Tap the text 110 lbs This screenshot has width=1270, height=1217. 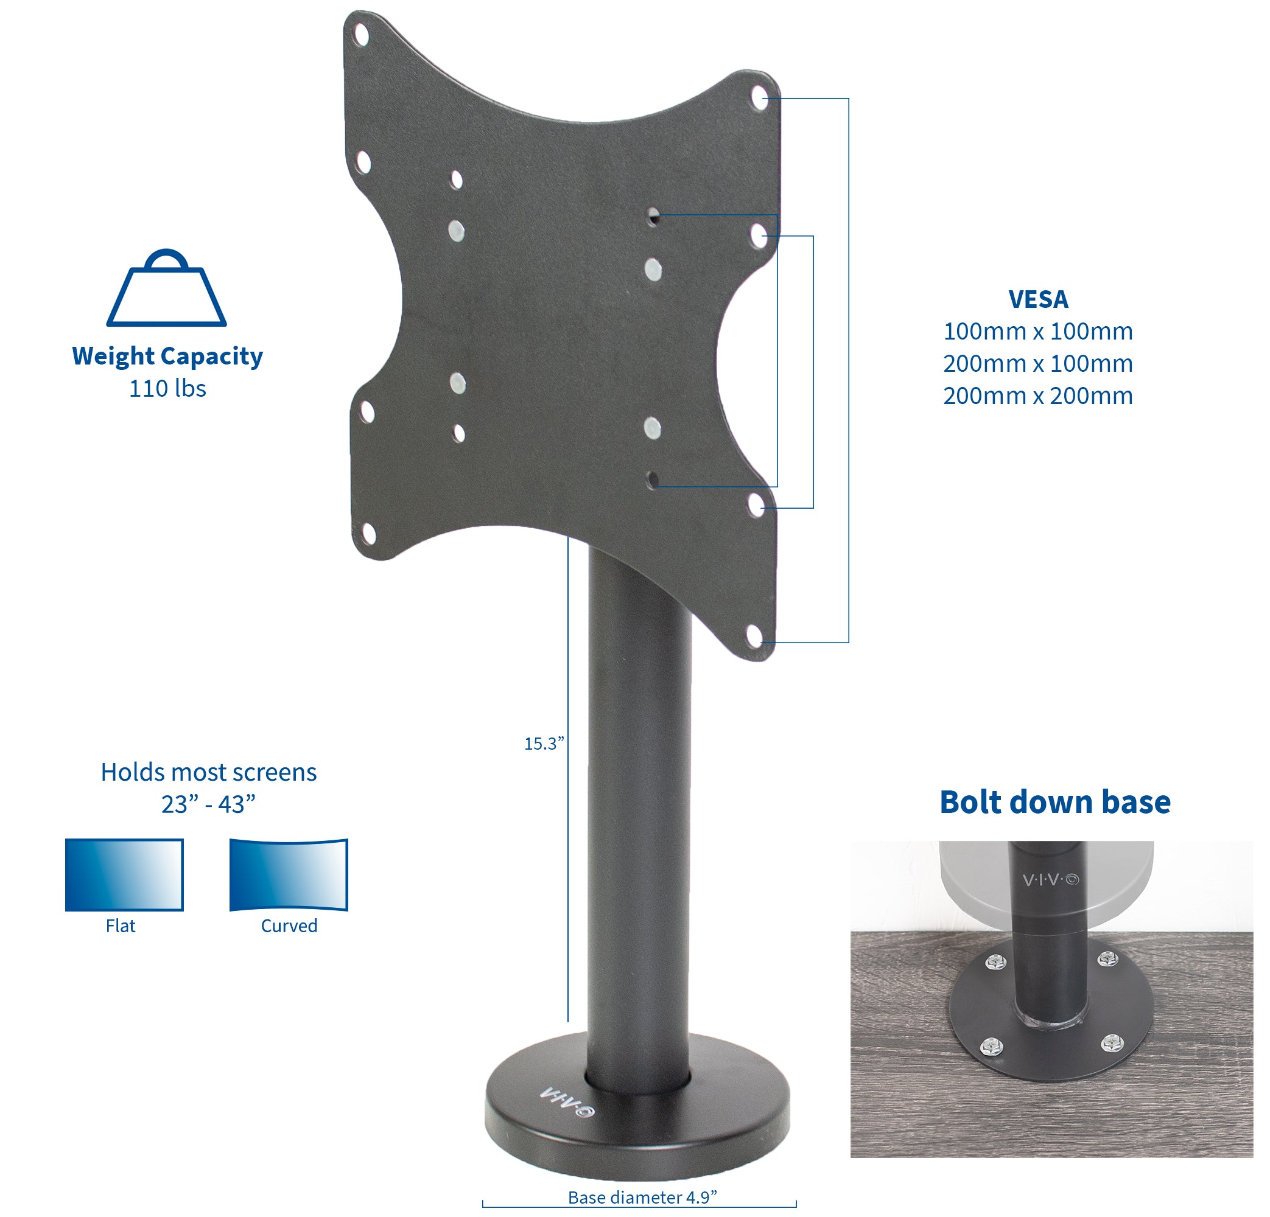coord(167,389)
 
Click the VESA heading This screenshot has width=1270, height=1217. coord(1038,299)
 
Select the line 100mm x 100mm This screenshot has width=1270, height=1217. coord(1037,332)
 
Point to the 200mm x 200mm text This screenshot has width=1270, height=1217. coord(1037,396)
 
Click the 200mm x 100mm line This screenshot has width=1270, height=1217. coord(1037,364)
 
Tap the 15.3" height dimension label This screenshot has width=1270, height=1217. coord(544,744)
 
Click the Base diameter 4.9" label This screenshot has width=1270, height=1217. coord(642,1198)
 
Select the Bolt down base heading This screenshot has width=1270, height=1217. coord(1055,802)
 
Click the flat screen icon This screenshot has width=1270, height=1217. coord(124,874)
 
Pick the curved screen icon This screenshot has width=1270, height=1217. coord(289,874)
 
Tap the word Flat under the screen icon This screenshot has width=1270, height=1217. coord(121,926)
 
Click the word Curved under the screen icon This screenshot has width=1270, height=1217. coord(289,926)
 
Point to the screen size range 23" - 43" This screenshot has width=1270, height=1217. coord(208,804)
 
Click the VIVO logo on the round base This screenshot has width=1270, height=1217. coord(567,1103)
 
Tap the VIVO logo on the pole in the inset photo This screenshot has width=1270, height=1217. coord(1050,879)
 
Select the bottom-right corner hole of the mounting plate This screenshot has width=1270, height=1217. coord(755,636)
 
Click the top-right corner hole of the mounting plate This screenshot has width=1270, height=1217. coord(759,99)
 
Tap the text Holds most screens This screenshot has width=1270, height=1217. coord(208,772)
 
